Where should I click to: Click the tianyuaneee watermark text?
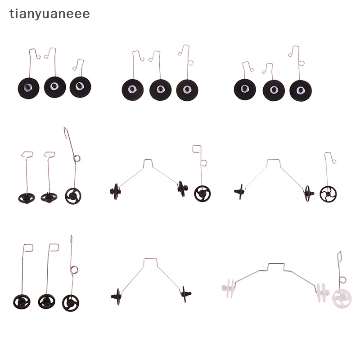coord(49,14)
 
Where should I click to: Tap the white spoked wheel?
coord(342,299)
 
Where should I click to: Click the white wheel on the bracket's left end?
coord(228,288)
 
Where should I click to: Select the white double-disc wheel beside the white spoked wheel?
coord(323,292)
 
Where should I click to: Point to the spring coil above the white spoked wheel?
coord(342,280)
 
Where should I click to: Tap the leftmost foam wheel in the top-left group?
coord(28,88)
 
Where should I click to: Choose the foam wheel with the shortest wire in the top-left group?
coord(81,87)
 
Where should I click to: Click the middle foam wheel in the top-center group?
coord(160,90)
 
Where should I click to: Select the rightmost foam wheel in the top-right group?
coord(301,90)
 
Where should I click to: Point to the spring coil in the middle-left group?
coord(77,158)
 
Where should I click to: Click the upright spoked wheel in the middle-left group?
coord(73,196)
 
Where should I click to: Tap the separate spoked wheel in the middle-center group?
coord(202,193)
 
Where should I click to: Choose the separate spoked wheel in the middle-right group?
coord(328,194)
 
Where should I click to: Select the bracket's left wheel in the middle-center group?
coord(116,191)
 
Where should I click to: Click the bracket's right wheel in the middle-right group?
coord(308,193)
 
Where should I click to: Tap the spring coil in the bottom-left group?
coord(74,270)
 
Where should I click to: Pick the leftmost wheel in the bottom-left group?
coord(22,301)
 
